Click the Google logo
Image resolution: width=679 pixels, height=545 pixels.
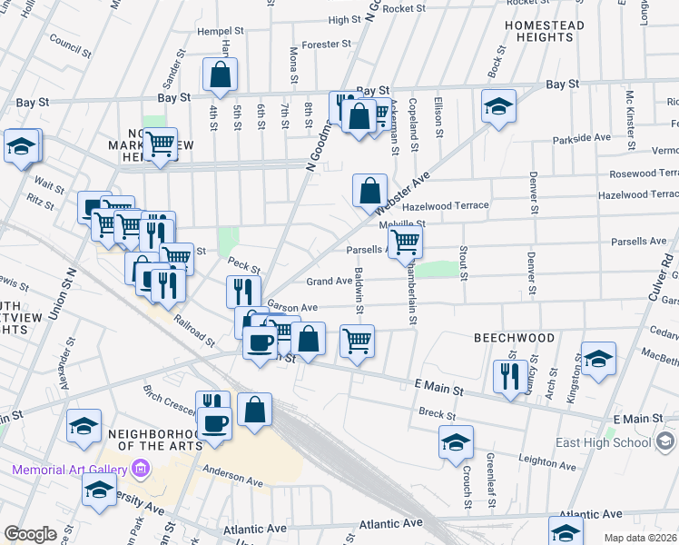coord(30,534)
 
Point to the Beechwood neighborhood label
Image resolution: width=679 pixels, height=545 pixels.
coord(514,337)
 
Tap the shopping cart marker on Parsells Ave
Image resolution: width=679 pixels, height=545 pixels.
coord(406,242)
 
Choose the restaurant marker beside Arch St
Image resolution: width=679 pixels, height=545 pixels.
coord(510,374)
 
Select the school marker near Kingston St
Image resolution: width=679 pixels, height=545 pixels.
coord(599,359)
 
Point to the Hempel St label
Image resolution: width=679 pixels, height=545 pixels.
coord(221,31)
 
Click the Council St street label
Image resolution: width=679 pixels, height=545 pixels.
coord(66,41)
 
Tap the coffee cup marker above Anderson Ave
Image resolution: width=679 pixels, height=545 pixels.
coord(215,422)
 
